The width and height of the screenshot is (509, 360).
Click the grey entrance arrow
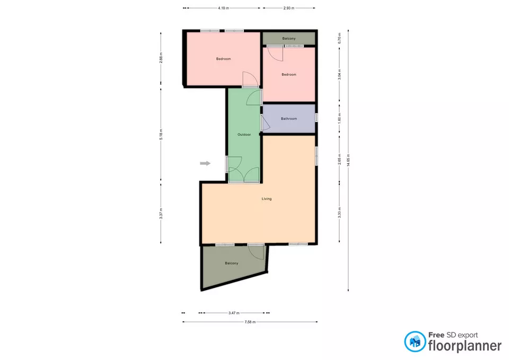click(x=205, y=163)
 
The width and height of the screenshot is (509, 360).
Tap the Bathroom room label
click(x=289, y=119)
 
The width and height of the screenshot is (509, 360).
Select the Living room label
click(x=267, y=199)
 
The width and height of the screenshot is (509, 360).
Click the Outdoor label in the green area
click(x=244, y=134)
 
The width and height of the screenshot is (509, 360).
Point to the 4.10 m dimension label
click(x=223, y=8)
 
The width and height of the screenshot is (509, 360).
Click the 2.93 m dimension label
click(x=289, y=8)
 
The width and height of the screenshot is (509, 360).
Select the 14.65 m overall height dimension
click(x=348, y=160)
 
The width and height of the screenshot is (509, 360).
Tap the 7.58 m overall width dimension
click(x=250, y=322)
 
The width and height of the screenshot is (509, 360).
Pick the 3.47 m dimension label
click(x=234, y=313)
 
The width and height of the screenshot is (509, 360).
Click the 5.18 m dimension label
click(x=161, y=134)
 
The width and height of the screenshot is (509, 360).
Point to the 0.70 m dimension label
click(x=339, y=38)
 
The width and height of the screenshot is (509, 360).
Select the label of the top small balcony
click(x=289, y=38)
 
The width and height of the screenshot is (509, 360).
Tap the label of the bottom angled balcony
click(x=232, y=264)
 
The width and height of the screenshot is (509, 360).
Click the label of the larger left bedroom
click(x=223, y=59)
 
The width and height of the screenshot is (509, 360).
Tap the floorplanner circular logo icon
click(x=415, y=342)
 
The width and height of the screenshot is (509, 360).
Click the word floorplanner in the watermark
click(x=465, y=345)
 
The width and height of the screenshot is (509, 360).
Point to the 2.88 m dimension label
click(x=161, y=57)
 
